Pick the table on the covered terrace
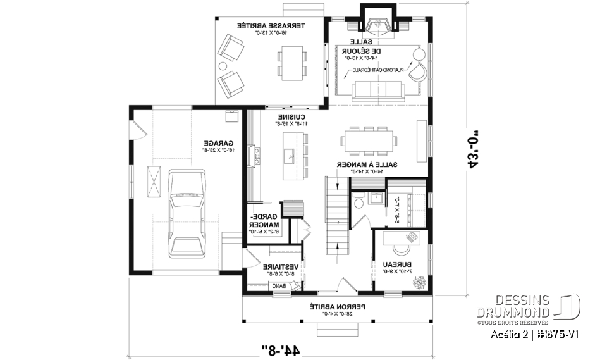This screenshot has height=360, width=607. click(292, 62)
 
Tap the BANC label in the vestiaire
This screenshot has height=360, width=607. click(278, 286)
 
